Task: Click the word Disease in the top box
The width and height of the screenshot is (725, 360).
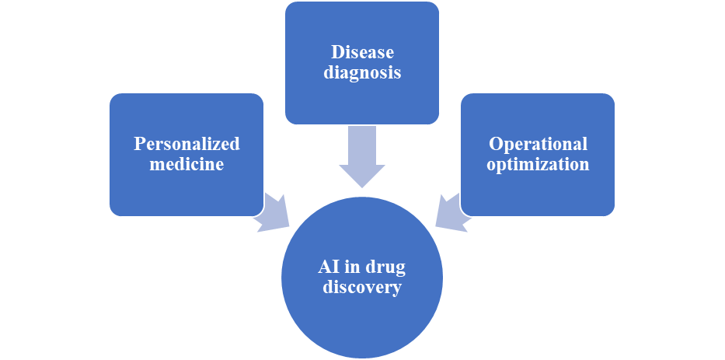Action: [362, 53]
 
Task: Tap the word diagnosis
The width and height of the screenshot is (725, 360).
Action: [362, 73]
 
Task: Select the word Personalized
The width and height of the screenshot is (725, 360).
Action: [186, 144]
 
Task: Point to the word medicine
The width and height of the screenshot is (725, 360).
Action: [186, 164]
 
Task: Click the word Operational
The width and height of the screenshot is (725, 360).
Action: [538, 144]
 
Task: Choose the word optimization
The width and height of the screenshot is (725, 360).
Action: [538, 164]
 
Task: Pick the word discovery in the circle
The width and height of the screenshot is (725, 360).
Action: [362, 288]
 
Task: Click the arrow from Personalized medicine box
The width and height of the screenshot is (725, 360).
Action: [273, 211]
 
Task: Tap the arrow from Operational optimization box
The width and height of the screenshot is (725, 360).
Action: [450, 212]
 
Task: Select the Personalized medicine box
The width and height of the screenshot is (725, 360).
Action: [186, 190]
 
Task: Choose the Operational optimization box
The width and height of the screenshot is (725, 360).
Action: [538, 190]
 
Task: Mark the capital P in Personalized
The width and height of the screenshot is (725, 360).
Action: [138, 144]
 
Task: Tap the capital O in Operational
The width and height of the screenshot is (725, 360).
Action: [494, 144]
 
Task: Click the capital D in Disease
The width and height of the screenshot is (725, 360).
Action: [336, 53]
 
